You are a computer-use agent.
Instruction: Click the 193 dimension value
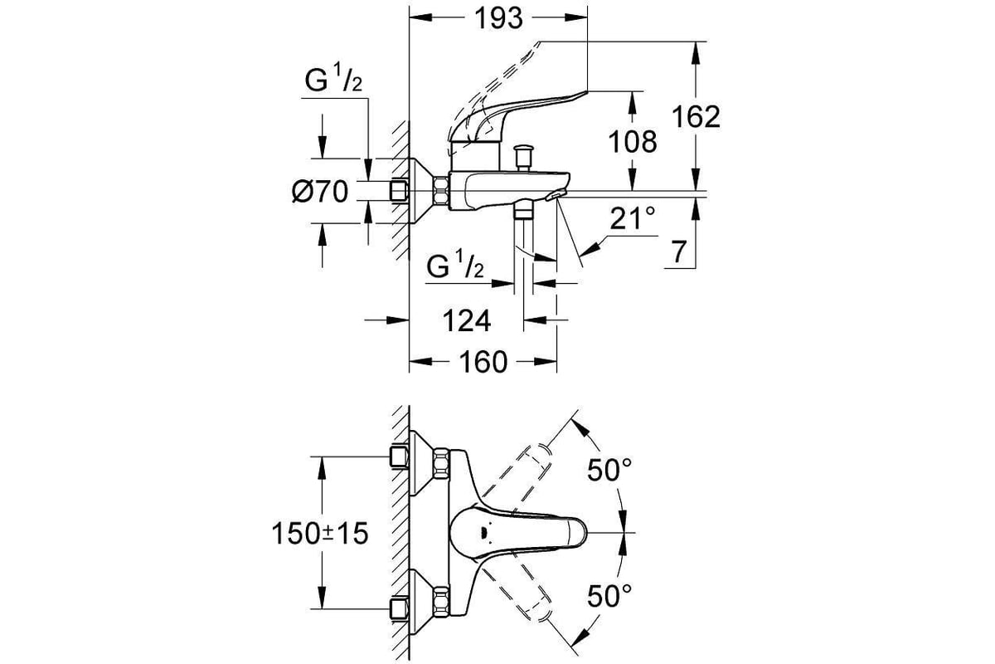pos(499,19)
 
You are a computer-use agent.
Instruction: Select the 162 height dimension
pos(696,117)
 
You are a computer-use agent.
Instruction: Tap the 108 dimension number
pos(632,142)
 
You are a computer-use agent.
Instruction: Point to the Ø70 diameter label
pos(320,192)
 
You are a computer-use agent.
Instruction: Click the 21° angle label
pos(633,218)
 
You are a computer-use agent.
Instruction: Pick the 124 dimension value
pos(467,320)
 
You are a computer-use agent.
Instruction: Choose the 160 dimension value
pos(483,362)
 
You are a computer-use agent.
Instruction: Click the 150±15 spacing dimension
pos(320,533)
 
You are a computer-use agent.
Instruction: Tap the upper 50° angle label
pos(609,470)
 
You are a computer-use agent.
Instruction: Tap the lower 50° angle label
pos(609,596)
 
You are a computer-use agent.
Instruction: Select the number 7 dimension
pos(678,251)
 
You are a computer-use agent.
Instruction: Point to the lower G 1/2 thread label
pos(455,264)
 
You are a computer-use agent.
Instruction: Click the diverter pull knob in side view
pos(524,158)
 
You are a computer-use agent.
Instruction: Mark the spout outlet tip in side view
pos(556,195)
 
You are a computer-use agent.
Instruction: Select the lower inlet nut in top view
pos(441,601)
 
